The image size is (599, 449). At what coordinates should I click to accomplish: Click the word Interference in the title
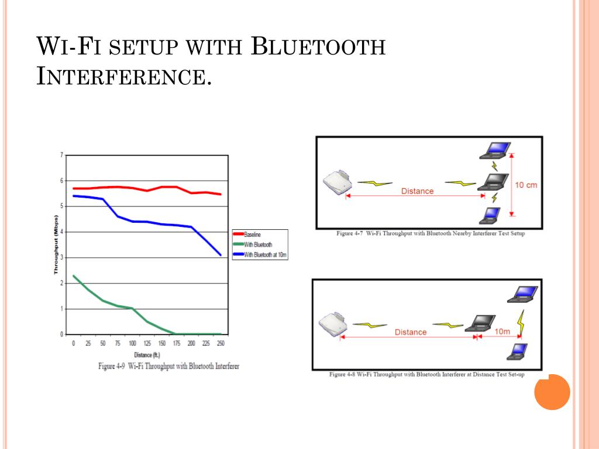pyautogui.click(x=123, y=77)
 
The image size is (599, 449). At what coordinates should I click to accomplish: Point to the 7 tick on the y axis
pyautogui.click(x=61, y=155)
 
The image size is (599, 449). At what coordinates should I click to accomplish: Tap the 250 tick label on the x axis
pyautogui.click(x=221, y=344)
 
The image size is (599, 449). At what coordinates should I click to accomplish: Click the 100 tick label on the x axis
pyautogui.click(x=132, y=344)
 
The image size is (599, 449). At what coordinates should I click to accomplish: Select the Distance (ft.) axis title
pyautogui.click(x=146, y=355)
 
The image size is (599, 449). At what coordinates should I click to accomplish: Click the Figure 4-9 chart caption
pyautogui.click(x=168, y=366)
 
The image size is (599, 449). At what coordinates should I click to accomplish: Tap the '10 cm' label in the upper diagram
pyautogui.click(x=525, y=185)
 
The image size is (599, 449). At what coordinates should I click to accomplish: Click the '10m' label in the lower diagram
pyautogui.click(x=502, y=331)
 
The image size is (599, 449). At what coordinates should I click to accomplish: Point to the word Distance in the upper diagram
pyautogui.click(x=417, y=191)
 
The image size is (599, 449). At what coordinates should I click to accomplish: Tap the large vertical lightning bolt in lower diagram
pyautogui.click(x=521, y=323)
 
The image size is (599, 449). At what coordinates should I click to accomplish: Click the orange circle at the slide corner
pyautogui.click(x=552, y=392)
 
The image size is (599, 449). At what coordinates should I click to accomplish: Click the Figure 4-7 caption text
pyautogui.click(x=431, y=233)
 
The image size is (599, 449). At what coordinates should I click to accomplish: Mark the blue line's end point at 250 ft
pyautogui.click(x=221, y=255)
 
